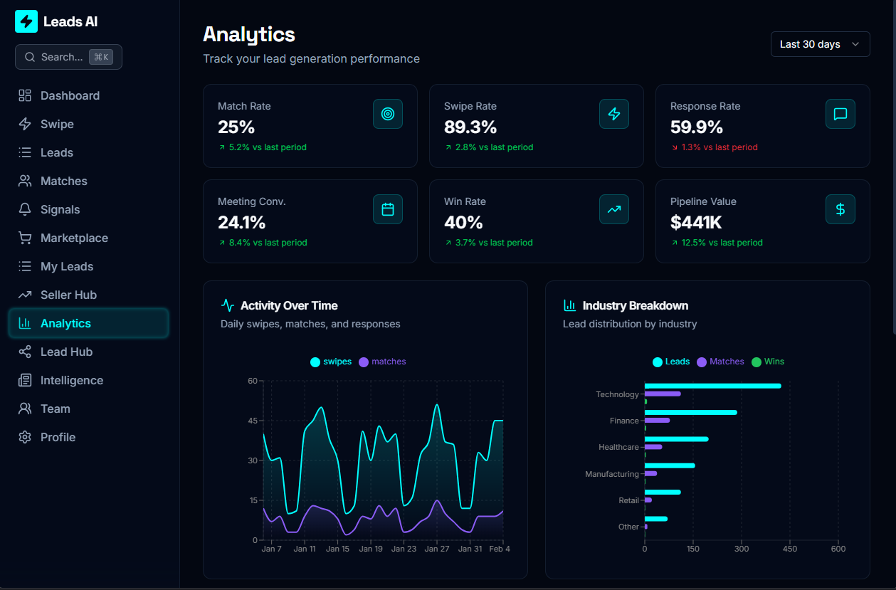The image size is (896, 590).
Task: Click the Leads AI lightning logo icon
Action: (x=26, y=21)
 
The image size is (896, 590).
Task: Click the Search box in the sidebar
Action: (x=68, y=57)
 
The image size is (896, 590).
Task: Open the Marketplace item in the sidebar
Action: (x=74, y=238)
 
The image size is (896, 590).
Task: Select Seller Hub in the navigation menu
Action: (x=68, y=295)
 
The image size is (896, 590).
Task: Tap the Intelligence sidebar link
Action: (x=71, y=380)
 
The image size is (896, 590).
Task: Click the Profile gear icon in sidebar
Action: (x=25, y=437)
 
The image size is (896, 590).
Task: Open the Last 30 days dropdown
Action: (x=820, y=44)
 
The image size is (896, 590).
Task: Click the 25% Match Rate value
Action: (x=236, y=127)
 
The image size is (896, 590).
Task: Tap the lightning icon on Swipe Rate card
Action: (x=613, y=114)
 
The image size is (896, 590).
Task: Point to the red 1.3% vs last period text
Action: (x=714, y=147)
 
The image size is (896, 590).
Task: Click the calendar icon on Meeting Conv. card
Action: (x=388, y=209)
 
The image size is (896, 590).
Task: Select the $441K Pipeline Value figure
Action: (x=696, y=223)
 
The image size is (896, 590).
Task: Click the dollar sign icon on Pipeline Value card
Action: (x=840, y=209)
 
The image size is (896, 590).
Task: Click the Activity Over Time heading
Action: (x=289, y=305)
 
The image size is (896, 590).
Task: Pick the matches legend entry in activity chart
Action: (x=383, y=362)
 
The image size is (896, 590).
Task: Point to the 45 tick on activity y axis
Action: (x=253, y=421)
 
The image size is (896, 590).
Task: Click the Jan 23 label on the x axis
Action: (x=404, y=549)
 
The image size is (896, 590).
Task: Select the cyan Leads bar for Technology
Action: (x=712, y=386)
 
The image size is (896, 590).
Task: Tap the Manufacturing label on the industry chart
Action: (x=611, y=474)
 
